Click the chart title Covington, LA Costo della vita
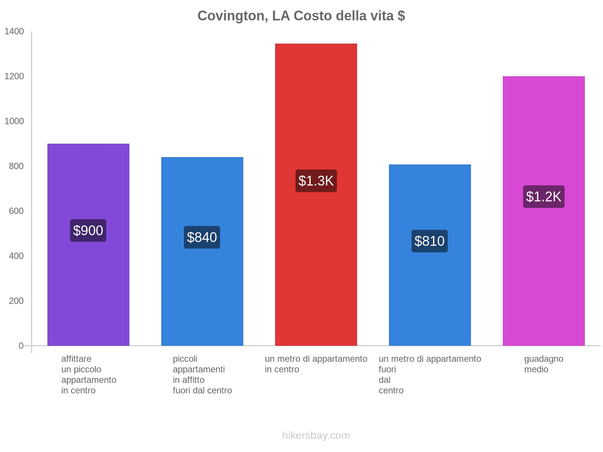pos(301,16)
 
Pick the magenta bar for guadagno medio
pos(543,282)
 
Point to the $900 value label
pos(88,231)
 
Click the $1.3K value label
pos(316,181)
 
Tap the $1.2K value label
pos(543,197)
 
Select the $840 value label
pos(202,237)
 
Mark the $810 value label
pos(430,241)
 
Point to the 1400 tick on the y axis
pos(14,32)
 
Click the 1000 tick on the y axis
pos(14,121)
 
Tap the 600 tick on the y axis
pos(16,211)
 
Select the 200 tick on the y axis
pos(16,301)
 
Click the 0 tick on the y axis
pos(21,346)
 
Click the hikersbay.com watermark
pos(316,435)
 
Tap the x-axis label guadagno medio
pos(543,364)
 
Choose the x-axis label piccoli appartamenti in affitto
pos(202,374)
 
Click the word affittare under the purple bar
pos(76,359)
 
